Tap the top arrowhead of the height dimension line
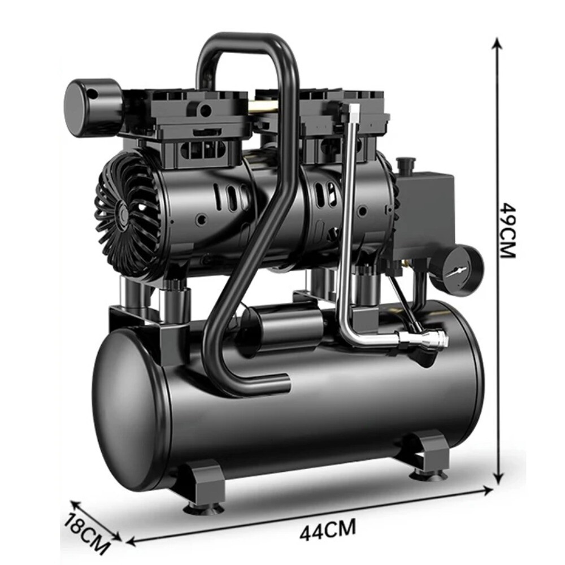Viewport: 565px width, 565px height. click(497, 42)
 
